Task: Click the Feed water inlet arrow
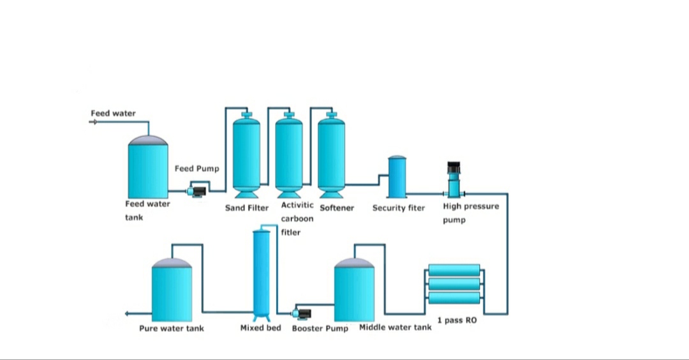pyautogui.click(x=93, y=122)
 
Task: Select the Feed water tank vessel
pyautogui.click(x=148, y=167)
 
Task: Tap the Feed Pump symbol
pyautogui.click(x=196, y=191)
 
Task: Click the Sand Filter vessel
pyautogui.click(x=246, y=155)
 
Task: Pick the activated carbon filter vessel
pyautogui.click(x=289, y=155)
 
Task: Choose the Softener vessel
pyautogui.click(x=331, y=155)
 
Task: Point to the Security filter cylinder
pyautogui.click(x=397, y=177)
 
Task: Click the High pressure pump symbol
pyautogui.click(x=454, y=179)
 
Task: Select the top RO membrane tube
pyautogui.click(x=454, y=270)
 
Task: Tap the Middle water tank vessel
pyautogui.click(x=354, y=290)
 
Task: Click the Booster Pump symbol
pyautogui.click(x=302, y=314)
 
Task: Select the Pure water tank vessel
pyautogui.click(x=172, y=290)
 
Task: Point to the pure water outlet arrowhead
pyautogui.click(x=127, y=313)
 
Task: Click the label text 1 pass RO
pyautogui.click(x=457, y=320)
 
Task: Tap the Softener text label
pyautogui.click(x=337, y=208)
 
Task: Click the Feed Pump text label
pyautogui.click(x=197, y=169)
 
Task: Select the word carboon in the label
pyautogui.click(x=297, y=218)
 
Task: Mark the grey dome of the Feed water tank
pyautogui.click(x=148, y=140)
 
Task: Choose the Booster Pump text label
pyautogui.click(x=320, y=328)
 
